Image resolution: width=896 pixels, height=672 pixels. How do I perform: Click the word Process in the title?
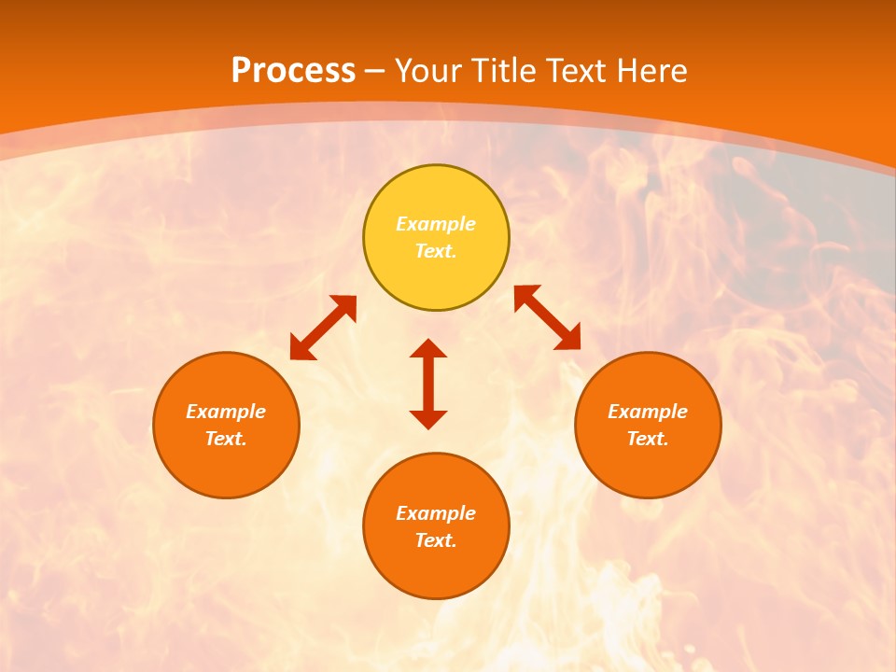293,71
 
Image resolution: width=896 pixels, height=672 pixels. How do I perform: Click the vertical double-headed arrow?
428,384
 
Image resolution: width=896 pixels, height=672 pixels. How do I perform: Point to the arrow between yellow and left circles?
323,328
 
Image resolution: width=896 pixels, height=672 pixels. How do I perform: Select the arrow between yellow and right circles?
548,317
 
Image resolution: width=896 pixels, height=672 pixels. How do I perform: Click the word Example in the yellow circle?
436,224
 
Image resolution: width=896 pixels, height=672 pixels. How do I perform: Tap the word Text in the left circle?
226,439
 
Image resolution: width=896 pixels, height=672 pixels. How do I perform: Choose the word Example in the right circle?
648,412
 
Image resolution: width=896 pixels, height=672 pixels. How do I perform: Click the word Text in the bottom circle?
436,540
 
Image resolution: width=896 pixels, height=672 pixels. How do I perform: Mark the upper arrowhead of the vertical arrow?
428,348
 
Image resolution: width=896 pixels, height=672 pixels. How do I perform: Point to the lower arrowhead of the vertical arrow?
428,419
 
